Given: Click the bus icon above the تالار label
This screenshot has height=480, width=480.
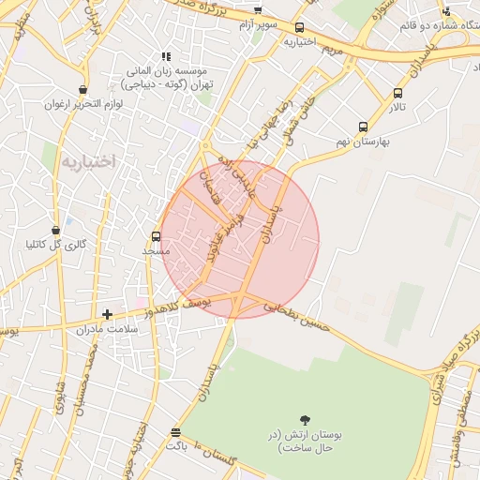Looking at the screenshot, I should (398, 93).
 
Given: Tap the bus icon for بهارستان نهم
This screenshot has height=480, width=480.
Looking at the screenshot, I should (363, 127).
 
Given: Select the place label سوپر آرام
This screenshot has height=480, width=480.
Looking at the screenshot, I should (261, 23).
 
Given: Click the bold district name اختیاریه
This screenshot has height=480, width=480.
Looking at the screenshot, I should (87, 161).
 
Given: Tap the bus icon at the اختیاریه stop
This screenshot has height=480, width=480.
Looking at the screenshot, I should (299, 28).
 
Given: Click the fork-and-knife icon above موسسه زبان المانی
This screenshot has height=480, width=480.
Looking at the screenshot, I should (167, 56).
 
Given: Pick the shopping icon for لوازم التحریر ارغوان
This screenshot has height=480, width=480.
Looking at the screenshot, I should (83, 90).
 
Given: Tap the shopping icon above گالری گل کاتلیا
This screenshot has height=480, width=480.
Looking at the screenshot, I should (56, 230).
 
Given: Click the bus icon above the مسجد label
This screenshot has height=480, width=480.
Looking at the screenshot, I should (157, 236).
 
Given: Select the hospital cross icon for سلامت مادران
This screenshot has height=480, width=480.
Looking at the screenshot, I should (108, 315).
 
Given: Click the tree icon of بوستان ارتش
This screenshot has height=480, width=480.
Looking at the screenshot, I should (305, 420).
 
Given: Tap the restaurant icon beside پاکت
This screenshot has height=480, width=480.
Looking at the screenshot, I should (175, 432).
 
